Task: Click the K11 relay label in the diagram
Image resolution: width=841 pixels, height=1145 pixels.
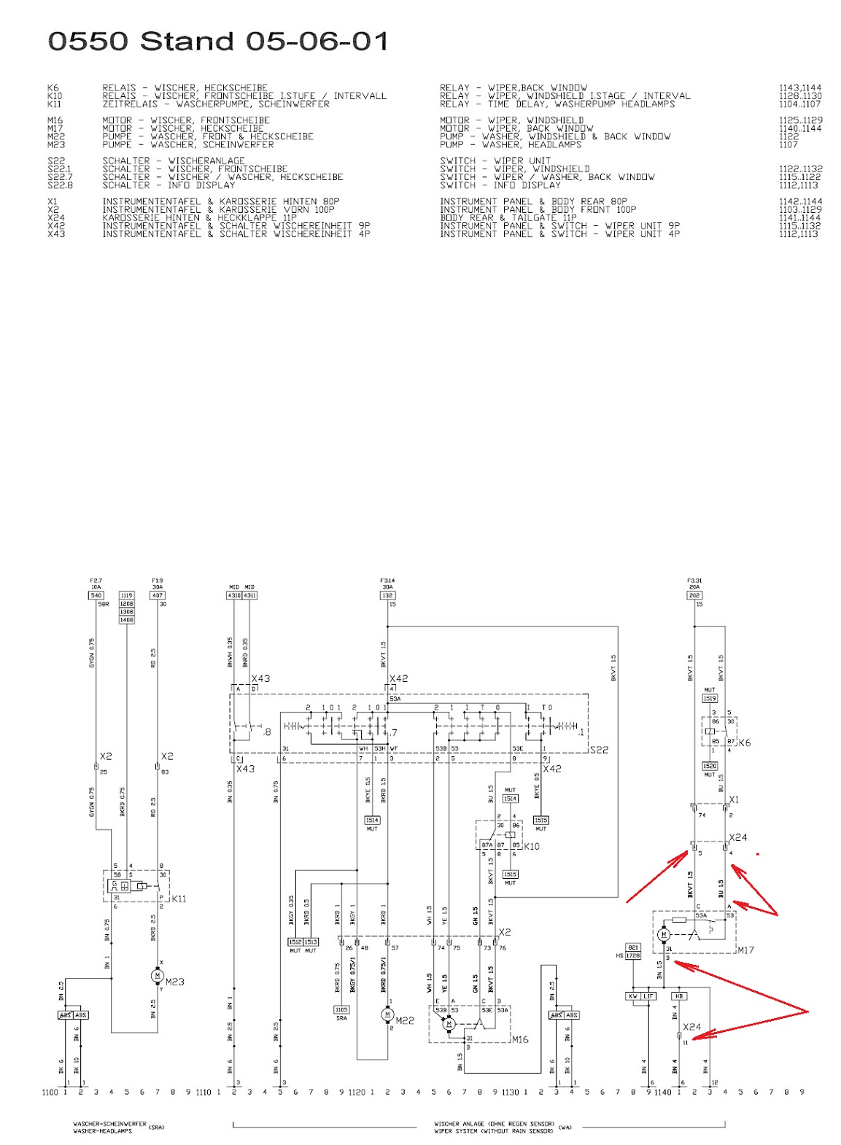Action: pos(179,898)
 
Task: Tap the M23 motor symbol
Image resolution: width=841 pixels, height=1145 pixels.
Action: pos(158,976)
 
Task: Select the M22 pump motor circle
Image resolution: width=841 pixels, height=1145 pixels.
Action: pos(387,1014)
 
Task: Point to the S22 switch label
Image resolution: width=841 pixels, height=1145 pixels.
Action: pos(599,750)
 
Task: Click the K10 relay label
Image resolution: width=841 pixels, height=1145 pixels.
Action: pos(532,846)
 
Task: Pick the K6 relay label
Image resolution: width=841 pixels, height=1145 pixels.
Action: pos(744,742)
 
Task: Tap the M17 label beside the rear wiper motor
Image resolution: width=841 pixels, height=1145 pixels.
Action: pos(745,950)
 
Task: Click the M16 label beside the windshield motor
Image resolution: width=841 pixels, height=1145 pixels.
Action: pos(520,1039)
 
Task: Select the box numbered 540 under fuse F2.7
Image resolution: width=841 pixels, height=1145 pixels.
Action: pos(96,595)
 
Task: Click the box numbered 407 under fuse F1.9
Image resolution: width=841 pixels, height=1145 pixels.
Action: pos(158,595)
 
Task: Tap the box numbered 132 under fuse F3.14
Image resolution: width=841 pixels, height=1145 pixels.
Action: pos(387,595)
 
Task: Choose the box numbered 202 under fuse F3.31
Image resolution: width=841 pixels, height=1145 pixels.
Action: pos(694,595)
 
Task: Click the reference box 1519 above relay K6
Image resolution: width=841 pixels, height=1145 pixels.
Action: pos(710,698)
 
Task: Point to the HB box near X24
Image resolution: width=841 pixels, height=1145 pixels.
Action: pos(679,995)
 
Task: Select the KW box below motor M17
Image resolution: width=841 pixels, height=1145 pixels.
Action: pos(633,995)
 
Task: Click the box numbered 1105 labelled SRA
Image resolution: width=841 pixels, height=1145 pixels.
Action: pos(341,1009)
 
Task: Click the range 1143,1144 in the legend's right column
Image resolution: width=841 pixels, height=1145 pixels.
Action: pos(799,88)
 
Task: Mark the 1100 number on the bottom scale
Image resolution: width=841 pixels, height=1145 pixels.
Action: pos(50,1092)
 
